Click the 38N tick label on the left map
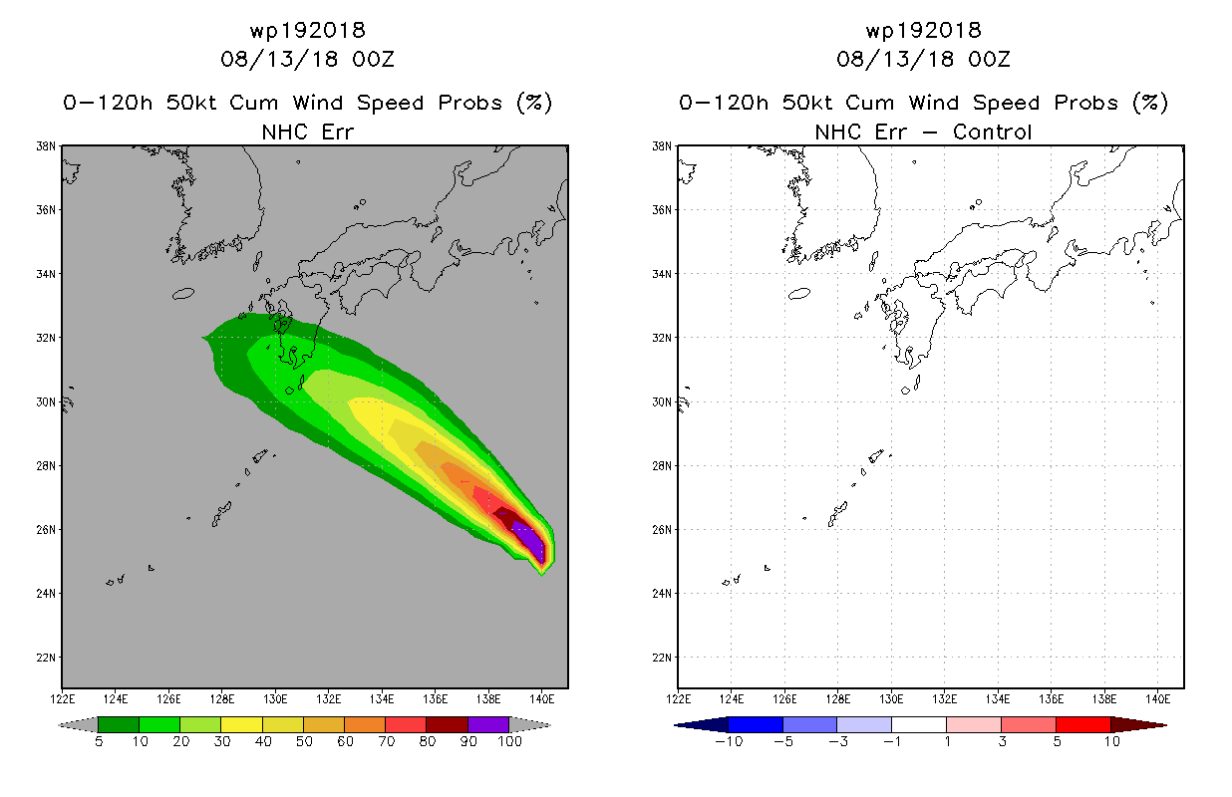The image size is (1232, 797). [x=46, y=146]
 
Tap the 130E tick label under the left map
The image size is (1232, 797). [x=275, y=699]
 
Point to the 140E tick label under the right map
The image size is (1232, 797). [x=1158, y=699]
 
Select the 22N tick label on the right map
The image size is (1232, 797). [x=662, y=658]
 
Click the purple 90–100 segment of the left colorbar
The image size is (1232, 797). [x=488, y=724]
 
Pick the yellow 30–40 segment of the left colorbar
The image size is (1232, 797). [x=241, y=724]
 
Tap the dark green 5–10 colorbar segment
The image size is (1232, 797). [x=119, y=724]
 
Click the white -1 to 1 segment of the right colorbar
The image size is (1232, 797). [x=918, y=724]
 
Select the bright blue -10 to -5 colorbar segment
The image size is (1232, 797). [x=756, y=724]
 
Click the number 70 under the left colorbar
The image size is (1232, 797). [x=386, y=741]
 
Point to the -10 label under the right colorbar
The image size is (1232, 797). [x=729, y=741]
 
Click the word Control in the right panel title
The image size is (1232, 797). [x=992, y=132]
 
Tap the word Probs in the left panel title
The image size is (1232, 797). [x=470, y=103]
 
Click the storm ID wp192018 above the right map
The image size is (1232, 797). [x=923, y=30]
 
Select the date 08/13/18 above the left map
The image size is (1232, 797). [x=279, y=59]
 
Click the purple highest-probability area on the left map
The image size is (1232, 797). [x=531, y=541]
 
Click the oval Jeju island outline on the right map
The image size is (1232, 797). [x=799, y=294]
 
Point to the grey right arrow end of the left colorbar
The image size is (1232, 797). [x=530, y=724]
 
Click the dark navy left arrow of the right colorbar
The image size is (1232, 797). [x=702, y=724]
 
